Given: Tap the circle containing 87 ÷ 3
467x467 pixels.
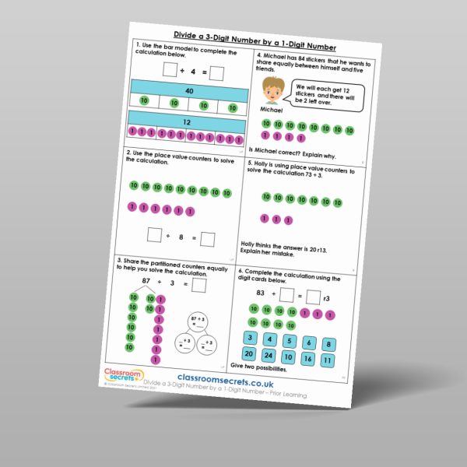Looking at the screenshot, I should click(x=197, y=320).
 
